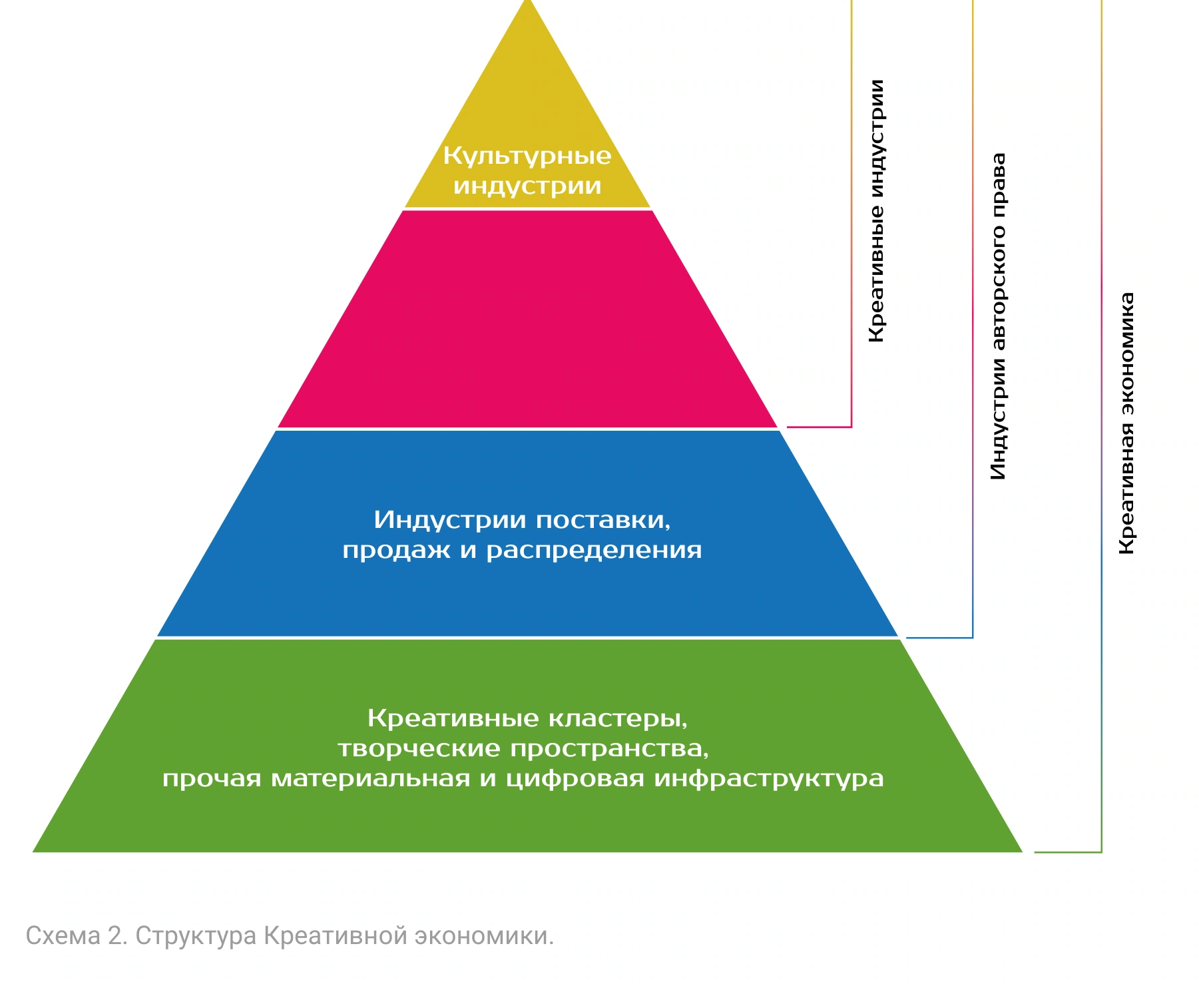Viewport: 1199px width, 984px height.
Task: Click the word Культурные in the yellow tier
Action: pos(527,156)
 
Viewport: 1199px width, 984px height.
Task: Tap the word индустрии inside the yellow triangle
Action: pos(527,186)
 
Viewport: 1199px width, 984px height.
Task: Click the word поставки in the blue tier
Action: pos(603,520)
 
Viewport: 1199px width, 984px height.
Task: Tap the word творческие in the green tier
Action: pos(419,749)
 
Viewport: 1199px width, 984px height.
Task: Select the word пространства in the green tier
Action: pos(610,749)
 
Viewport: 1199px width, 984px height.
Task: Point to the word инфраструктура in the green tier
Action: pos(769,779)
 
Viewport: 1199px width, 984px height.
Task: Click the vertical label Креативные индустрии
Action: pos(877,211)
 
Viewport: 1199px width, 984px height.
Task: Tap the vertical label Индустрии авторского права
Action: pos(998,317)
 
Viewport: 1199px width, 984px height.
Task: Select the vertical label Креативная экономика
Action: pos(1126,423)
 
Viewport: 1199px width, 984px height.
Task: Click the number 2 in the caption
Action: pos(115,936)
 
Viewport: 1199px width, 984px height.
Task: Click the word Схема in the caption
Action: pos(63,936)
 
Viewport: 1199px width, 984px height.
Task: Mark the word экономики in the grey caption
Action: pos(484,936)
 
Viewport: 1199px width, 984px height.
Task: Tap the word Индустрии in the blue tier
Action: pos(449,520)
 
